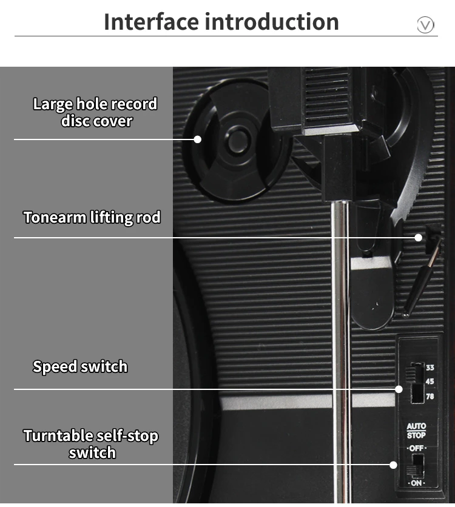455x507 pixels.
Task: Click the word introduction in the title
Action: [x=271, y=22]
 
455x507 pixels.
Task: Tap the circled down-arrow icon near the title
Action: [x=426, y=25]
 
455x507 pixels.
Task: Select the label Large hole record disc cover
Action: [x=95, y=112]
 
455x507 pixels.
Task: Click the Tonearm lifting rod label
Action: [x=92, y=217]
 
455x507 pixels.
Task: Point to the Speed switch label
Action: [x=80, y=366]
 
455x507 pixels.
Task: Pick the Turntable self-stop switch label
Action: [x=91, y=444]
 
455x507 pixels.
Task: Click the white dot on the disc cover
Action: [x=197, y=139]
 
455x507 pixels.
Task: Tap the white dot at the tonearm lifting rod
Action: [x=418, y=237]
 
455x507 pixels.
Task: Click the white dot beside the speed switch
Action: [x=399, y=389]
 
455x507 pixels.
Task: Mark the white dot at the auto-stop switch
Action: [x=393, y=465]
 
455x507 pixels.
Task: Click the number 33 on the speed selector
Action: [x=430, y=368]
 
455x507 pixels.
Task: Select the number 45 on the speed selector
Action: [x=430, y=381]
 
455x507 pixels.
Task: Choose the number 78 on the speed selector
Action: [x=430, y=396]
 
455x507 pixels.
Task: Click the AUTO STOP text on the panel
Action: [x=416, y=431]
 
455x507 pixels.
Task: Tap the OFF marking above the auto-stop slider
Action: [x=416, y=448]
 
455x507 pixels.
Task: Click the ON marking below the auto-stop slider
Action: [x=416, y=483]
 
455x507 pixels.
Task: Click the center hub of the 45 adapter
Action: [x=238, y=141]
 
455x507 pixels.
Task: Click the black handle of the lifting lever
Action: [x=417, y=283]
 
